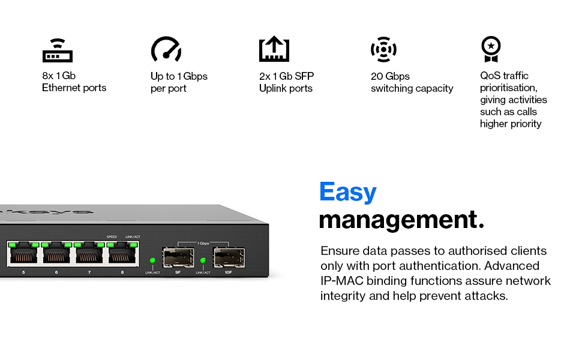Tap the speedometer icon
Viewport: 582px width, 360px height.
[x=166, y=50]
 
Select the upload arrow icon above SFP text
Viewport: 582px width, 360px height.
[x=274, y=50]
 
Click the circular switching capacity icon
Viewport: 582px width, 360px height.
[x=383, y=50]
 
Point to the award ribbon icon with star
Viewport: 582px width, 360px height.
[x=491, y=49]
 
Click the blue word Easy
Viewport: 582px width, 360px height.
[x=348, y=192]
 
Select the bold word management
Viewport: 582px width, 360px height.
[x=401, y=220]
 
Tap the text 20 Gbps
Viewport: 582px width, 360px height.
[x=390, y=76]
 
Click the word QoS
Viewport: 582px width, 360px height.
[x=490, y=76]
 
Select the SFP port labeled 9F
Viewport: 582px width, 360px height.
[x=178, y=258]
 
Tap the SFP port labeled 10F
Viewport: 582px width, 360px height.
[x=228, y=258]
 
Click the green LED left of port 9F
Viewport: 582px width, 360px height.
[x=152, y=260]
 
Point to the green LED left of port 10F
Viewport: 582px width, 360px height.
[x=203, y=260]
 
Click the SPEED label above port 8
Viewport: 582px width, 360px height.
[x=112, y=236]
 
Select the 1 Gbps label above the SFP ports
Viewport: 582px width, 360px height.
[x=203, y=243]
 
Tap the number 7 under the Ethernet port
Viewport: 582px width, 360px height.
[x=89, y=272]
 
